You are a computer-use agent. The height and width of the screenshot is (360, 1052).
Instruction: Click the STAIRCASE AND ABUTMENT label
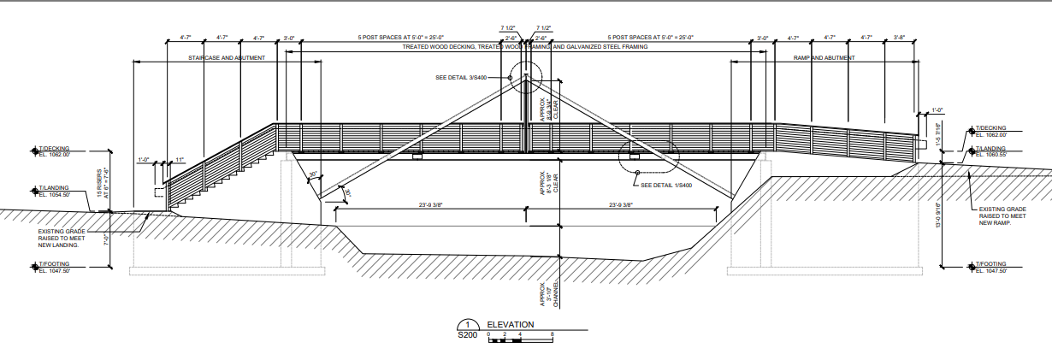pyautogui.click(x=226, y=57)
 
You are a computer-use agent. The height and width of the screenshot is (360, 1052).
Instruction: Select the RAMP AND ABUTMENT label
pyautogui.click(x=824, y=57)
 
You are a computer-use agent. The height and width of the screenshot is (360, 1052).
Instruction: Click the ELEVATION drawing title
pyautogui.click(x=511, y=325)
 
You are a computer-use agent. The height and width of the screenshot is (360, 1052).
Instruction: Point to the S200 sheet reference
pyautogui.click(x=468, y=336)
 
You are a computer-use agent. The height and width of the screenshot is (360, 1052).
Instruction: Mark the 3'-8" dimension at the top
pyautogui.click(x=899, y=38)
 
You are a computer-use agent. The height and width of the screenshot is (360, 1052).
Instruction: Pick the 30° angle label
pyautogui.click(x=313, y=174)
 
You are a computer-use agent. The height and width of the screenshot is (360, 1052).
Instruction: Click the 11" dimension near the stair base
pyautogui.click(x=180, y=160)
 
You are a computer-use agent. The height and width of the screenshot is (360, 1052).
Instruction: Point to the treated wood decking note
pyautogui.click(x=525, y=47)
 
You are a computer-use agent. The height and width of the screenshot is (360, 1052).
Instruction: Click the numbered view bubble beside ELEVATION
pyautogui.click(x=468, y=325)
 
